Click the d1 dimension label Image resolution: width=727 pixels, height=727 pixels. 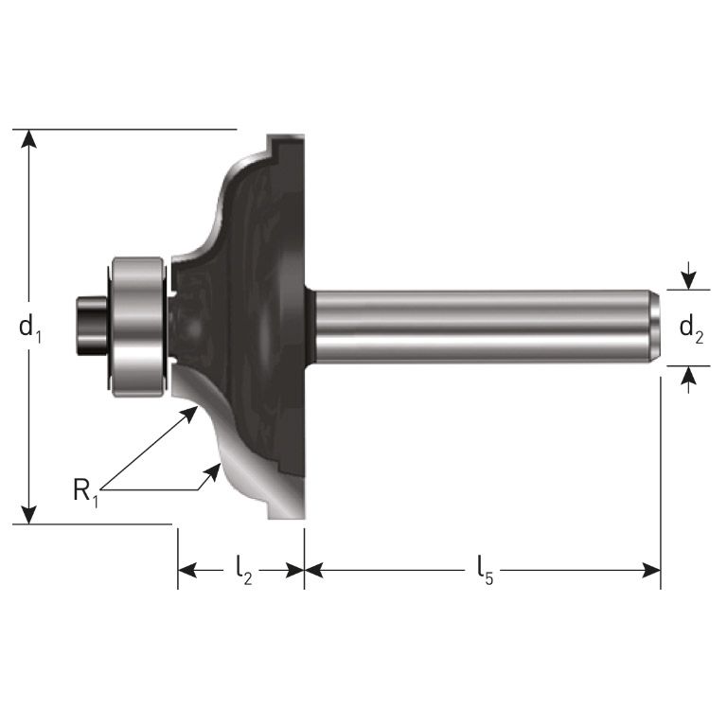(x=30, y=328)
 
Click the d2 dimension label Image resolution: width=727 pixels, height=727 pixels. (x=691, y=329)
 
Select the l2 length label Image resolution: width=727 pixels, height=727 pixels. (x=242, y=570)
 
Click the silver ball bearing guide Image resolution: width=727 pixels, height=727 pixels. (x=138, y=326)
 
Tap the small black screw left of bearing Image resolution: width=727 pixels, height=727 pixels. (x=91, y=327)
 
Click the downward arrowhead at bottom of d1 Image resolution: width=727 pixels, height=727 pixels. (x=30, y=514)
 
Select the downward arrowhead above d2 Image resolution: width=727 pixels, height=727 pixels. (x=688, y=280)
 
